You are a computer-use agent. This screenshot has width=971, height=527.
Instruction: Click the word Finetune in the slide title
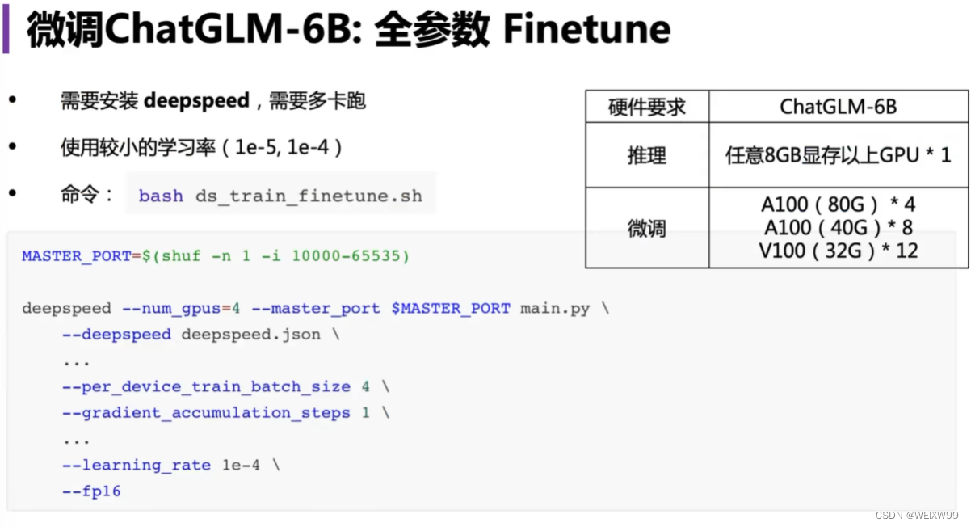[x=586, y=30]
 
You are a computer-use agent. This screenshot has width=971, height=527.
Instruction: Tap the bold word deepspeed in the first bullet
[x=196, y=101]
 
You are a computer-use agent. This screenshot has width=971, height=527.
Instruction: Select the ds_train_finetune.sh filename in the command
[x=309, y=196]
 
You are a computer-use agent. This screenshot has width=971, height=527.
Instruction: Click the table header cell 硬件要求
[x=647, y=107]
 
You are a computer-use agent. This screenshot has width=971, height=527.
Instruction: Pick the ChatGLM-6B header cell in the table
[x=838, y=107]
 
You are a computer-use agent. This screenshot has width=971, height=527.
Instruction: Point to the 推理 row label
[x=647, y=155]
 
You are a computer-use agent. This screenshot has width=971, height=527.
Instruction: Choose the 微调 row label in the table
[x=647, y=229]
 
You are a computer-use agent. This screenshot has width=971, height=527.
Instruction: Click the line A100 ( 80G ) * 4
[x=838, y=205]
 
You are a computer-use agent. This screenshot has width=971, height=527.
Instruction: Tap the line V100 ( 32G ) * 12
[x=838, y=251]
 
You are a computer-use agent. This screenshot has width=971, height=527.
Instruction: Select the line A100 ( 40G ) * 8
[x=838, y=228]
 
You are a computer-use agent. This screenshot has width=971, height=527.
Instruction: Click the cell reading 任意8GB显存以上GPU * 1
[x=838, y=155]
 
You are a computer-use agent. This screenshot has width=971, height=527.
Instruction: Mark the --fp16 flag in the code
[x=91, y=491]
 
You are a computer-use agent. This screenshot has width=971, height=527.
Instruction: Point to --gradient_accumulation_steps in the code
[x=206, y=413]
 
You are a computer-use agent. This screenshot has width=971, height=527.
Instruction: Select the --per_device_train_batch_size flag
[x=206, y=387]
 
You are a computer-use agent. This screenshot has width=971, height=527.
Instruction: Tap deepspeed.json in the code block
[x=250, y=335]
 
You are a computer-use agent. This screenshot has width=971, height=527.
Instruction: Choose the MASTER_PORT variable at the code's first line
[x=76, y=256]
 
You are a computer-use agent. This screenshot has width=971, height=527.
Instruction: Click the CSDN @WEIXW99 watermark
[x=918, y=515]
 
